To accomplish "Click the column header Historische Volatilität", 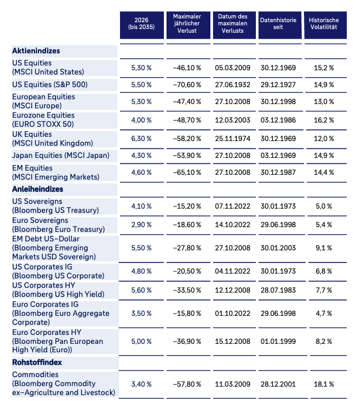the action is click(324, 23).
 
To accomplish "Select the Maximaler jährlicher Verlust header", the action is click(187, 23).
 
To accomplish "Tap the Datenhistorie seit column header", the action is click(278, 23).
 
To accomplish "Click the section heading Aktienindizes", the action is click(36, 51).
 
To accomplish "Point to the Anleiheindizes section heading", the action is click(38, 189).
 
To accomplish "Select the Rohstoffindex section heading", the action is click(37, 362).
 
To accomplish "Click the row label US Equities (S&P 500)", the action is click(50, 85).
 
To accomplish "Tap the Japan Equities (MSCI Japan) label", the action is click(61, 155).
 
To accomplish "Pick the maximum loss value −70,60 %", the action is click(187, 85).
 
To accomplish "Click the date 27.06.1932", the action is click(233, 85).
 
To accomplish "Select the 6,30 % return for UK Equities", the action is click(142, 138).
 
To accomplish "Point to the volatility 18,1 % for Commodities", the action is click(324, 384).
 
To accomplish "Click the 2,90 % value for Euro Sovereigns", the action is click(142, 224).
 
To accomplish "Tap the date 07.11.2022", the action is click(233, 206).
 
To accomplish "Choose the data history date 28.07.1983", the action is click(278, 290).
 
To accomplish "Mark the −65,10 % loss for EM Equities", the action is click(187, 172).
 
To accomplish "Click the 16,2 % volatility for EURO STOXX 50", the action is click(324, 120).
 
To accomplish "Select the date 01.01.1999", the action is click(278, 341).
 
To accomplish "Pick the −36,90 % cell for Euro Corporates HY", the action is click(187, 341).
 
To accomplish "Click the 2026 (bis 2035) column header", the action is click(142, 23).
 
